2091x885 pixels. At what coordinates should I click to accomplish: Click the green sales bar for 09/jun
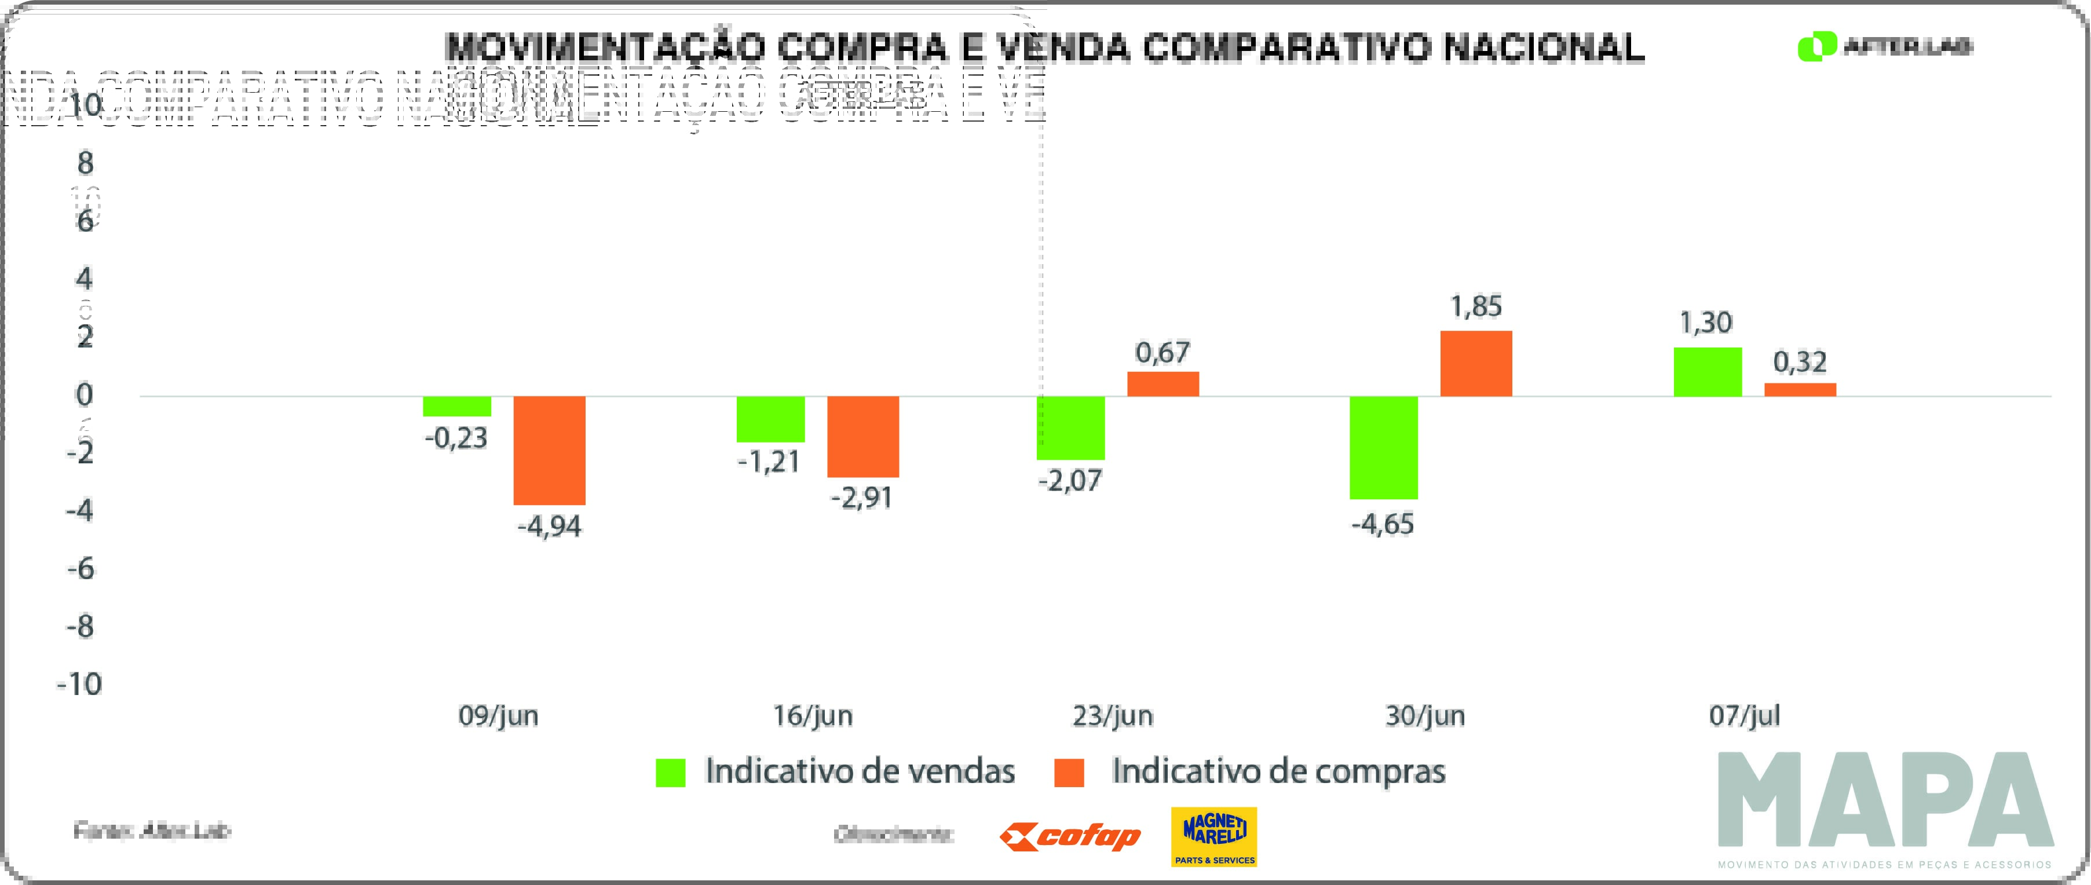pyautogui.click(x=457, y=406)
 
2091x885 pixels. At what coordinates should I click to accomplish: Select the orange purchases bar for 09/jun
pyautogui.click(x=550, y=451)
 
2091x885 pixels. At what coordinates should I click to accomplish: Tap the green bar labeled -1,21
pyautogui.click(x=770, y=419)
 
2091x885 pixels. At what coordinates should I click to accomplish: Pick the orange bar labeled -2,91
pyautogui.click(x=863, y=437)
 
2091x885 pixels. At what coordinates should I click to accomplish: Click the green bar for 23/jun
pyautogui.click(x=1070, y=428)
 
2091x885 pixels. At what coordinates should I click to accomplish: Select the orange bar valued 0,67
pyautogui.click(x=1163, y=384)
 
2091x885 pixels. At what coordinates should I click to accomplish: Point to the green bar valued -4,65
pyautogui.click(x=1383, y=447)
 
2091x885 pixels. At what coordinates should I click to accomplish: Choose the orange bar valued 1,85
pyautogui.click(x=1476, y=364)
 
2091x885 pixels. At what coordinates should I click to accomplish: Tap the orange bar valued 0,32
pyautogui.click(x=1800, y=390)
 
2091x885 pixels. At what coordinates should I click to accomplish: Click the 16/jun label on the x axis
pyautogui.click(x=813, y=716)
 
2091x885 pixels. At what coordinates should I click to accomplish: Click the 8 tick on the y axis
pyautogui.click(x=85, y=163)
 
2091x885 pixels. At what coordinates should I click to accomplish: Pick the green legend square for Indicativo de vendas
pyautogui.click(x=671, y=772)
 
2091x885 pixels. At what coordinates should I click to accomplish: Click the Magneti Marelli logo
pyautogui.click(x=1213, y=836)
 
